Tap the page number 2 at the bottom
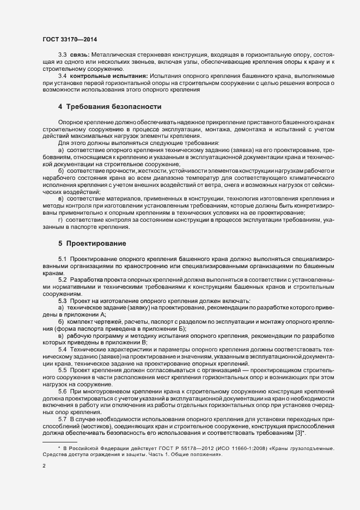coord(44,466)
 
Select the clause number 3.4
coord(63,76)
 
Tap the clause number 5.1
coord(63,258)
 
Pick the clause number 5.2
coord(63,279)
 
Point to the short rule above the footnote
coord(60,441)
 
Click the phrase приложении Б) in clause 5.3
coord(167,328)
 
